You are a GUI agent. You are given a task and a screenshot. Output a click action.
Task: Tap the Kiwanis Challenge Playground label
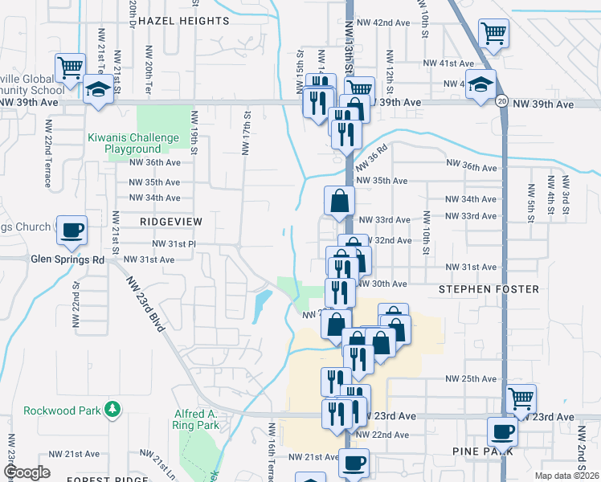(x=133, y=143)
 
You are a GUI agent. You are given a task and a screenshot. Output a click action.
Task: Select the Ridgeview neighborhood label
(x=170, y=220)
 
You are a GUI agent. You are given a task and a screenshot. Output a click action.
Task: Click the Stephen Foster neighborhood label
(x=478, y=288)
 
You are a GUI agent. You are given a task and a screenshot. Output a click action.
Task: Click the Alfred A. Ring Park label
(x=197, y=419)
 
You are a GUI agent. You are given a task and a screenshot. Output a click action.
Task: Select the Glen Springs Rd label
(x=68, y=259)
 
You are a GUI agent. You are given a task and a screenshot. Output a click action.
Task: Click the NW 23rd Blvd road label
(x=150, y=308)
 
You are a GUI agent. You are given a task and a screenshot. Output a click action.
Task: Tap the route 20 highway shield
(x=501, y=101)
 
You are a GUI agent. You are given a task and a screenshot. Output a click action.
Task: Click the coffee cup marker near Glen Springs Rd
(x=72, y=230)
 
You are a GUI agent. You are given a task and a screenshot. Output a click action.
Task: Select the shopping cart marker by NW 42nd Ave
(x=493, y=34)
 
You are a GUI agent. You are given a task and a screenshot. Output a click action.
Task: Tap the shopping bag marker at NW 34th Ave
(x=339, y=201)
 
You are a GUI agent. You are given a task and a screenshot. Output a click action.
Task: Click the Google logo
(x=27, y=472)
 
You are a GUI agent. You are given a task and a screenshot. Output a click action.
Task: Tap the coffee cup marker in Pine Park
(x=502, y=431)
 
